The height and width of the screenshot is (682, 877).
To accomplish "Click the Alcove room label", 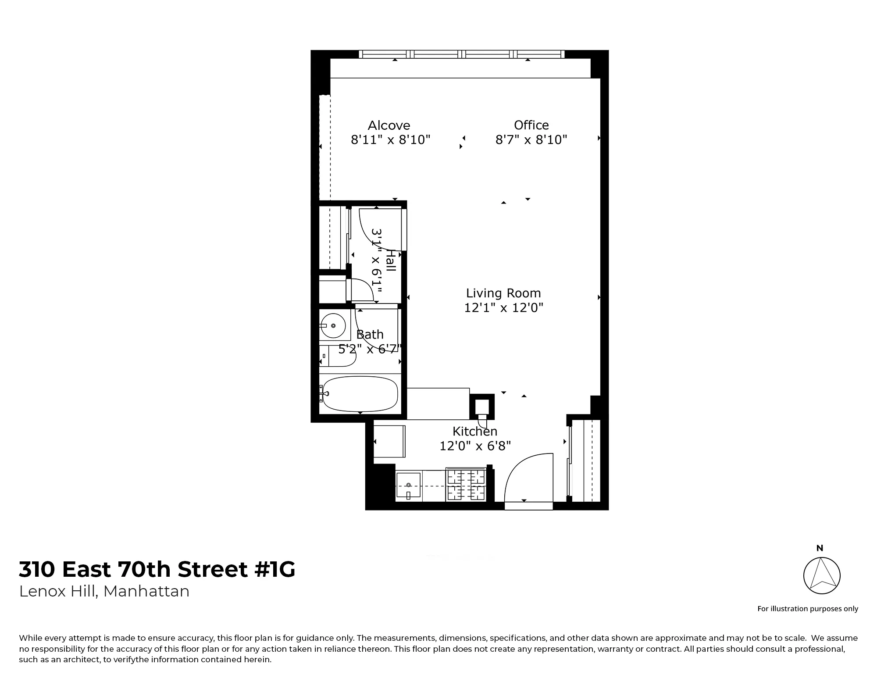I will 389,125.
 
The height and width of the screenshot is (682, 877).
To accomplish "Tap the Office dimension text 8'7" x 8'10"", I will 531,140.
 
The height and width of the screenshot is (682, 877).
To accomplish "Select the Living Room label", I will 503,293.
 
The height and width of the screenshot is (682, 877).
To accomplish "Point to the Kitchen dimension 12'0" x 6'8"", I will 475,446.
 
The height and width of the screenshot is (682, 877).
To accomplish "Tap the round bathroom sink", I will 332,325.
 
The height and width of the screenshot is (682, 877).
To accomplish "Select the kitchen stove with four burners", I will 466,485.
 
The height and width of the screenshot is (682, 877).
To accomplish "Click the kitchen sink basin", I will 408,485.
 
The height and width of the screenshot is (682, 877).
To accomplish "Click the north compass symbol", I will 822,575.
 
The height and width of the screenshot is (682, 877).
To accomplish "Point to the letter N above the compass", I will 820,548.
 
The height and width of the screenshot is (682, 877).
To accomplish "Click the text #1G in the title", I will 275,570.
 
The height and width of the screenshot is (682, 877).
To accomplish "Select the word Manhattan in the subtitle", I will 146,592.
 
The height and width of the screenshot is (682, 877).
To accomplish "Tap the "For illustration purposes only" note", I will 808,609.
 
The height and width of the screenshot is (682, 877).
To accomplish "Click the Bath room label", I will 370,335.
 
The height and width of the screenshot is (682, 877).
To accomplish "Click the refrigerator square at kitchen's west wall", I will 389,441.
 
